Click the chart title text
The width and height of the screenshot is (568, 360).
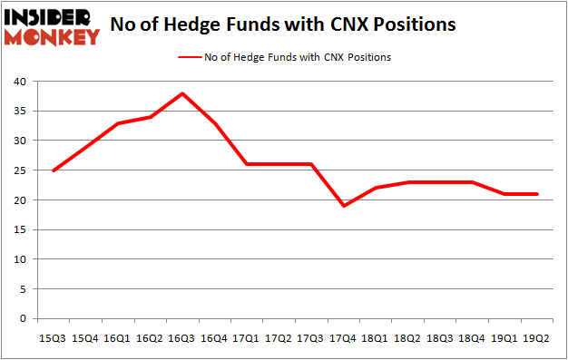282,24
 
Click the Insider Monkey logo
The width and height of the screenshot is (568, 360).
52,27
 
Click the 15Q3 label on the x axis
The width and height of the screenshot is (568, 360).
52,338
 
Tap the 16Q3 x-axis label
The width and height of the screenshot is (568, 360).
182,338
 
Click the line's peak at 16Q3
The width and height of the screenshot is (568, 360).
182,93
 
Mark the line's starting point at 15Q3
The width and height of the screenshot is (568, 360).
52,170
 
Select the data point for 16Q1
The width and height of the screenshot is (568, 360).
117,123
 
